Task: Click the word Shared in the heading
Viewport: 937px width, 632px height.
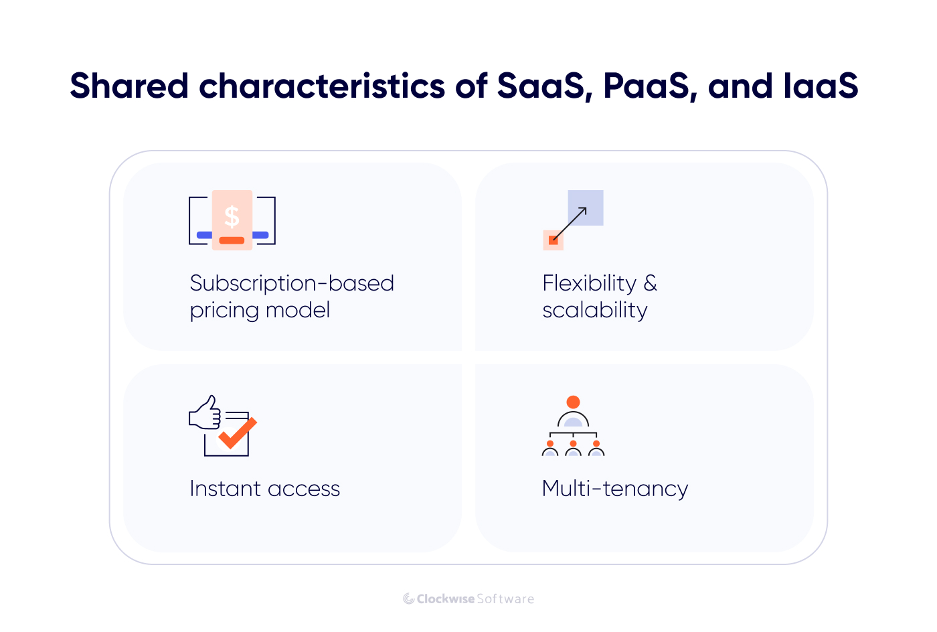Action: coord(129,86)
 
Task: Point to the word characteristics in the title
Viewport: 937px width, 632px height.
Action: coord(322,86)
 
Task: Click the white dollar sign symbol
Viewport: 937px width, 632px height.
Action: coord(232,216)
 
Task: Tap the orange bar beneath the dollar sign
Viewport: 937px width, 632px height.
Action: coord(232,240)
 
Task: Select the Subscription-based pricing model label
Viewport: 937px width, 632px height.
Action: coord(291,297)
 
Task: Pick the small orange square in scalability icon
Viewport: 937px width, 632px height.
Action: coord(553,240)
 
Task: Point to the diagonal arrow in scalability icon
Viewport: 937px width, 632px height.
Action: coord(570,224)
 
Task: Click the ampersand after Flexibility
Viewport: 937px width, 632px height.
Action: coord(650,283)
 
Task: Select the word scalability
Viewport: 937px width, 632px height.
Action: coord(595,311)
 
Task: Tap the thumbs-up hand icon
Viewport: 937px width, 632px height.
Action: coord(205,413)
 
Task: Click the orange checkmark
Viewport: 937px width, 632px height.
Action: coord(238,432)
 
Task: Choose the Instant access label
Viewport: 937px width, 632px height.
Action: coord(264,489)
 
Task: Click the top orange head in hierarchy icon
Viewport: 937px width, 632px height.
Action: coord(573,402)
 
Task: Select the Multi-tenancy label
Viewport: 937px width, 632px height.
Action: coord(614,489)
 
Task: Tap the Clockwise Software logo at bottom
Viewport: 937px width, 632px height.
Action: coord(468,599)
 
